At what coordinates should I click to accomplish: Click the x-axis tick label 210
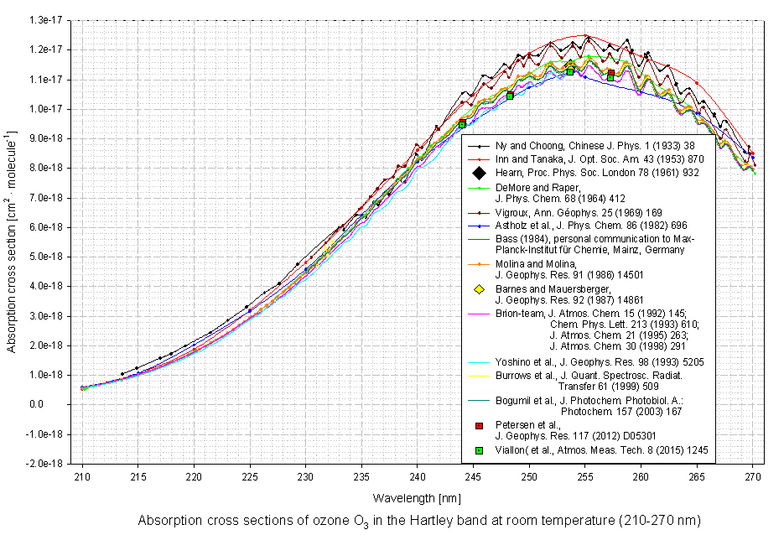point(82,475)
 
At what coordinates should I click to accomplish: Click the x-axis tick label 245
point(474,475)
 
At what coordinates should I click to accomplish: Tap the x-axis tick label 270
point(753,475)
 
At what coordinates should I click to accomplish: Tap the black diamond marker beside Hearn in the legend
point(478,174)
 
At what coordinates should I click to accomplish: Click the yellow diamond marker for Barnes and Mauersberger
point(478,289)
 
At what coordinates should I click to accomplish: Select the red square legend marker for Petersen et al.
point(478,428)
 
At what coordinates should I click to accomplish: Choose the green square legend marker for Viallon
point(478,450)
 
